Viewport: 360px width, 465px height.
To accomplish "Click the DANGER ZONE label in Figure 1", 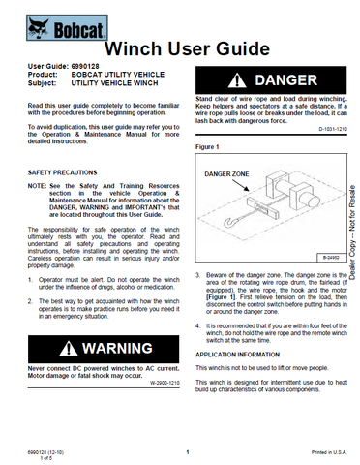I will coord(230,173).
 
